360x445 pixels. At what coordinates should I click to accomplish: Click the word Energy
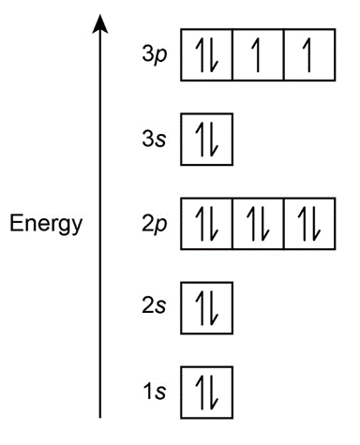click(x=46, y=225)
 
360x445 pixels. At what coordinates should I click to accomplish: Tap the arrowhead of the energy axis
click(x=100, y=23)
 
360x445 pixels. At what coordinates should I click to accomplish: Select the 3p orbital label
click(x=155, y=55)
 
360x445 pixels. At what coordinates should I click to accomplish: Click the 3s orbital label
click(x=154, y=139)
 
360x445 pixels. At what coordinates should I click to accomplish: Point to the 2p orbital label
click(x=155, y=225)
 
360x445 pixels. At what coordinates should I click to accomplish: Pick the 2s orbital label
click(x=154, y=305)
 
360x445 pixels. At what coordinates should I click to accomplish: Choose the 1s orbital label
click(x=154, y=391)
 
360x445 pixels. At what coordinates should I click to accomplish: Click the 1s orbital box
click(x=206, y=393)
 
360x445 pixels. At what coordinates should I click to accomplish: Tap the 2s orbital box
click(x=206, y=308)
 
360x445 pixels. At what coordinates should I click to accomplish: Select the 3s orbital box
click(x=206, y=140)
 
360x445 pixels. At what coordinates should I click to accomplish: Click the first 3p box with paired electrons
click(x=206, y=55)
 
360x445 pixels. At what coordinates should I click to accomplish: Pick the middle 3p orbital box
click(x=258, y=55)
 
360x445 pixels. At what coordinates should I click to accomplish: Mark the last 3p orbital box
click(x=309, y=55)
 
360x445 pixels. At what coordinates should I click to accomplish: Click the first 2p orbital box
click(x=206, y=224)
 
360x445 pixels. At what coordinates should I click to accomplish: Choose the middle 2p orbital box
click(x=258, y=224)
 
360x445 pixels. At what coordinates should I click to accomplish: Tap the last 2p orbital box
click(x=309, y=224)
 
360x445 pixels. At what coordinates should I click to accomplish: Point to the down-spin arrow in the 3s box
click(x=213, y=140)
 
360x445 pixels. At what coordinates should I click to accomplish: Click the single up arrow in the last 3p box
click(x=309, y=55)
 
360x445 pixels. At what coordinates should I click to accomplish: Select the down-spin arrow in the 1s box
click(x=213, y=393)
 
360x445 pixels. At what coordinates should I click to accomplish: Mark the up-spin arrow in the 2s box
click(x=202, y=308)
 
